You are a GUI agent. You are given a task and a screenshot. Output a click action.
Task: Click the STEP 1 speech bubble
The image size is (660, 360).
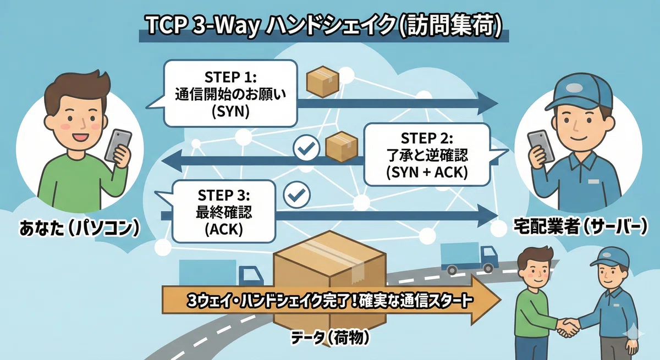[x=230, y=93]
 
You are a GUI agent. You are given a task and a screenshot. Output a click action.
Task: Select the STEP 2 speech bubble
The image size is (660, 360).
[x=427, y=155]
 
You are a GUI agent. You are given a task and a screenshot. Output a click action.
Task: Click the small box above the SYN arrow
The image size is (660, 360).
[x=323, y=81]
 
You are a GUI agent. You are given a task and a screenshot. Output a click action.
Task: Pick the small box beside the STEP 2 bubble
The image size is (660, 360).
[x=342, y=147]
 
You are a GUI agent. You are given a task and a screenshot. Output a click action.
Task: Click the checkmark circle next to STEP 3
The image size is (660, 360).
[x=296, y=195]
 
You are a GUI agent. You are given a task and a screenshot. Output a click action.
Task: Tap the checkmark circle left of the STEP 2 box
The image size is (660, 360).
[x=307, y=148]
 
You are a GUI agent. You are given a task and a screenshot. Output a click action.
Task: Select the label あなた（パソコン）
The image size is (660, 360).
[x=80, y=229]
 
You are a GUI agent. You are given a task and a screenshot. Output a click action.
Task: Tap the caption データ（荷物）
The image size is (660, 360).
[x=331, y=337]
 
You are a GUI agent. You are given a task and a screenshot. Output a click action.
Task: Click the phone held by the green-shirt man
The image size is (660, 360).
[x=118, y=146]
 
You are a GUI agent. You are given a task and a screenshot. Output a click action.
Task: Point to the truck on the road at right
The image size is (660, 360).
[x=469, y=258]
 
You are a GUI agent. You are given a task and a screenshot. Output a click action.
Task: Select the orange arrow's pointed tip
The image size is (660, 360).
[x=501, y=300]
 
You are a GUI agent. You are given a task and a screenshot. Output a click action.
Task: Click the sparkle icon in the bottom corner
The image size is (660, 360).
[x=634, y=334]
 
